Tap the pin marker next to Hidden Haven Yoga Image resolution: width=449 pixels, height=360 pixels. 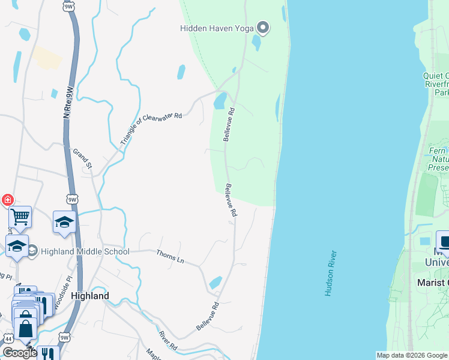point(263,28)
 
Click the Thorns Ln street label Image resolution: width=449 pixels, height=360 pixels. point(170,256)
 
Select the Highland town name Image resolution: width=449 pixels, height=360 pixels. point(90,296)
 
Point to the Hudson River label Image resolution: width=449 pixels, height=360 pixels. point(330,274)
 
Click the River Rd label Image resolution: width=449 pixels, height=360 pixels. point(167,341)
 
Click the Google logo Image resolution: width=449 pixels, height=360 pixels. point(19,353)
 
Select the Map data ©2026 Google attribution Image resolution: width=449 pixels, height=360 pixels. point(412,355)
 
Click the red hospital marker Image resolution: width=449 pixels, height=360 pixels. point(7,200)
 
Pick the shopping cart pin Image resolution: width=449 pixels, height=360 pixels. point(20,217)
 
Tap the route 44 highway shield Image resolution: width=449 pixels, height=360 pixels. point(8,339)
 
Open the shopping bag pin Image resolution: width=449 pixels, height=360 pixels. point(25,327)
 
